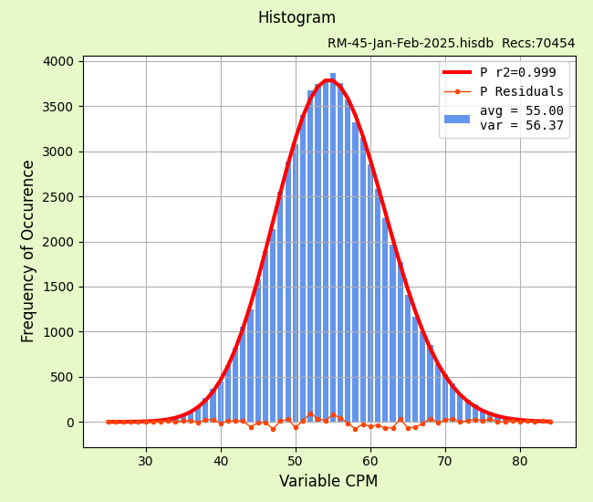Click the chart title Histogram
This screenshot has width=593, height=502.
click(296, 18)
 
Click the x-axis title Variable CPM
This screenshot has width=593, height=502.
click(328, 481)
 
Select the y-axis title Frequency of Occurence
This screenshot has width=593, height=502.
click(28, 251)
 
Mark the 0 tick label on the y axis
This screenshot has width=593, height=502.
click(69, 423)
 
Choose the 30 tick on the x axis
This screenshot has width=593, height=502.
click(146, 461)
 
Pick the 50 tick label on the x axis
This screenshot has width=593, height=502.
click(296, 461)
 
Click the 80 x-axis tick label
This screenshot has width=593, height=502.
click(520, 461)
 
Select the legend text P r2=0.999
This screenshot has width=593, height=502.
click(517, 73)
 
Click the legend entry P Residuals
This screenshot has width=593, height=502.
click(522, 92)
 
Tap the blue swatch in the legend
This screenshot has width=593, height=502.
click(457, 119)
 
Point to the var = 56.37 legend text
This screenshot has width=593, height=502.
click(522, 126)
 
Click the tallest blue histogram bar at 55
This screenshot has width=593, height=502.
click(333, 246)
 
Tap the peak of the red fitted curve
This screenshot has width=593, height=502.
click(329, 80)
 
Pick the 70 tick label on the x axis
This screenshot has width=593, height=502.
click(445, 461)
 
